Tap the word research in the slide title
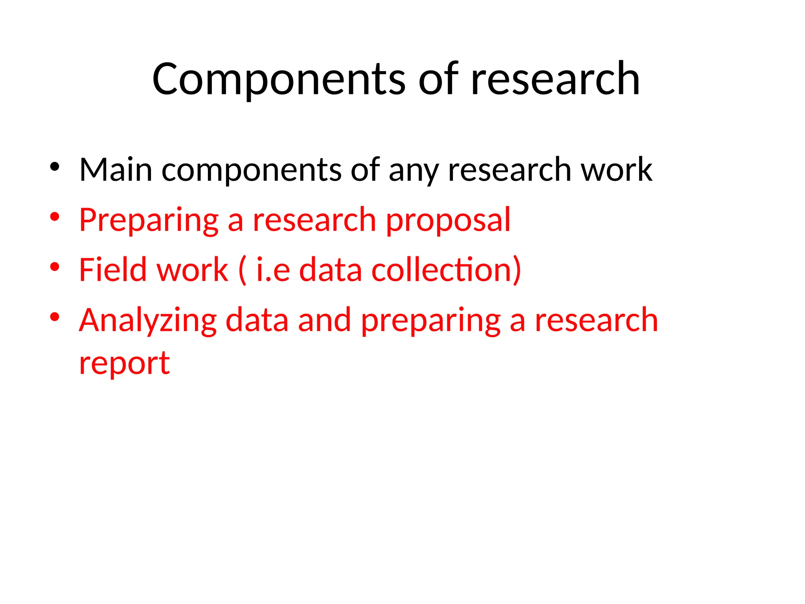(555, 80)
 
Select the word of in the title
(438, 80)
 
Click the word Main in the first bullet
(116, 170)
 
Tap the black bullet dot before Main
(55, 167)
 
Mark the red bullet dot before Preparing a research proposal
(55, 217)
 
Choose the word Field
(112, 270)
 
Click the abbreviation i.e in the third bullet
(273, 270)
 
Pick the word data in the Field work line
(330, 270)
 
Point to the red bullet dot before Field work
(55, 267)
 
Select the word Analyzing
(148, 321)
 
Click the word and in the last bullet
(324, 320)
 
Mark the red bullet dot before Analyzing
(55, 317)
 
